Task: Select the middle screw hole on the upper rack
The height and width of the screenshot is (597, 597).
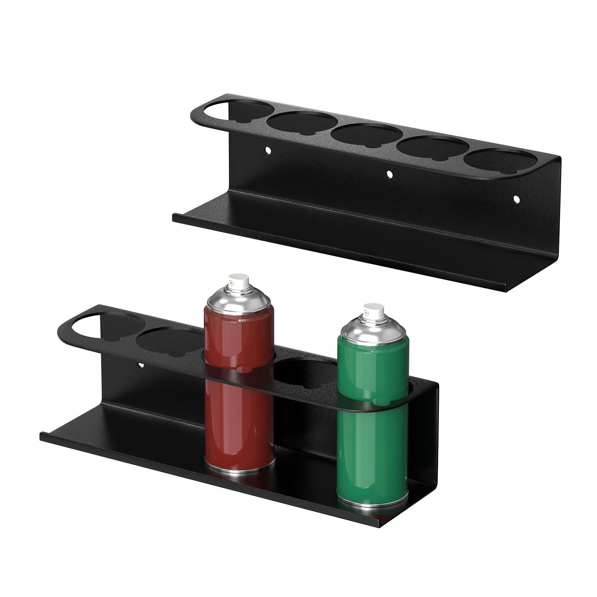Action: point(390,174)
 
